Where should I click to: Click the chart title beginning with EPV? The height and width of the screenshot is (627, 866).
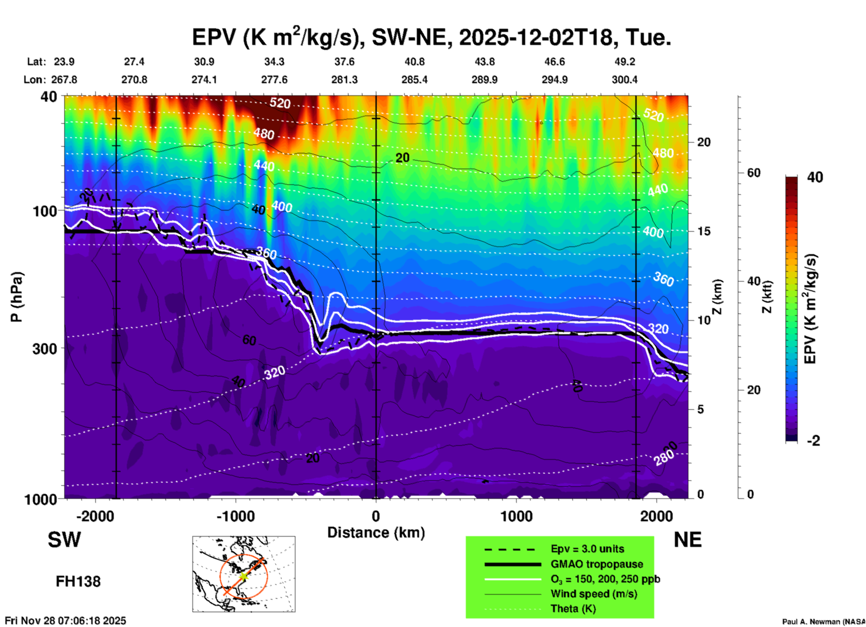(x=432, y=37)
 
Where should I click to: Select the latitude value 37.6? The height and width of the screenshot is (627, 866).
(x=344, y=62)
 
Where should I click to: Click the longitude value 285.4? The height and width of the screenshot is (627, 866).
(x=415, y=80)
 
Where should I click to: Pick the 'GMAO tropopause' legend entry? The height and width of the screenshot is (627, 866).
(x=597, y=564)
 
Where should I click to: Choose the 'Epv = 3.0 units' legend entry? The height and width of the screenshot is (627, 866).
(x=587, y=549)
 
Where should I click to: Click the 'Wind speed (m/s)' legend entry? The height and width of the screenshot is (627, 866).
(x=594, y=594)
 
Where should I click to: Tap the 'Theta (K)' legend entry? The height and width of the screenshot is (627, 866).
(x=573, y=609)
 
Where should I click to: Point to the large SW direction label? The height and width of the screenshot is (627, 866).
(x=64, y=540)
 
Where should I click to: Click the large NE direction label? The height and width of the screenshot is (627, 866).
(x=687, y=540)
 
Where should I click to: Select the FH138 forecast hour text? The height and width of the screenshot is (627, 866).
(x=78, y=582)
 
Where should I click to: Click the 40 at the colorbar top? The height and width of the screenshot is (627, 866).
(x=815, y=177)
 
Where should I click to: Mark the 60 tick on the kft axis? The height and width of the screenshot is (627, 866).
(x=754, y=173)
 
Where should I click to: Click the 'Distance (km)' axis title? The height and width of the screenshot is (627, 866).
(x=376, y=533)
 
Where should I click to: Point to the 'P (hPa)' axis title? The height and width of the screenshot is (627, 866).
(x=17, y=297)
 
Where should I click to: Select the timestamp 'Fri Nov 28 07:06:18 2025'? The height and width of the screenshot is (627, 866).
(x=66, y=621)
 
